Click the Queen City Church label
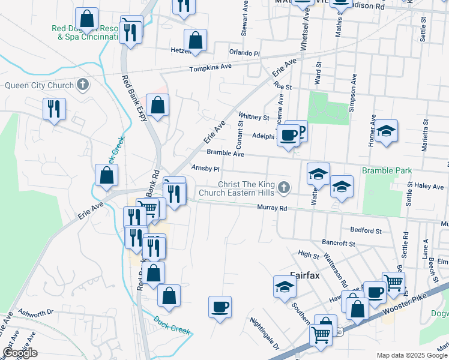pos(39,85)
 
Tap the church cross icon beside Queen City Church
pos(83,85)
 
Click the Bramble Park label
pos(387,171)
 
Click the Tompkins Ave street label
pos(210,68)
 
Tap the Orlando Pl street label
pos(244,53)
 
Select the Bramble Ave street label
pos(226,154)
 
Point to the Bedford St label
pos(366,230)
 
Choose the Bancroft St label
pos(340,243)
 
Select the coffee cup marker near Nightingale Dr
pos(220,307)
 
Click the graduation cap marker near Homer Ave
pos(386,131)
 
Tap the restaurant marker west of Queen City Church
pos(54,109)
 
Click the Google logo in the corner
pos(20,353)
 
